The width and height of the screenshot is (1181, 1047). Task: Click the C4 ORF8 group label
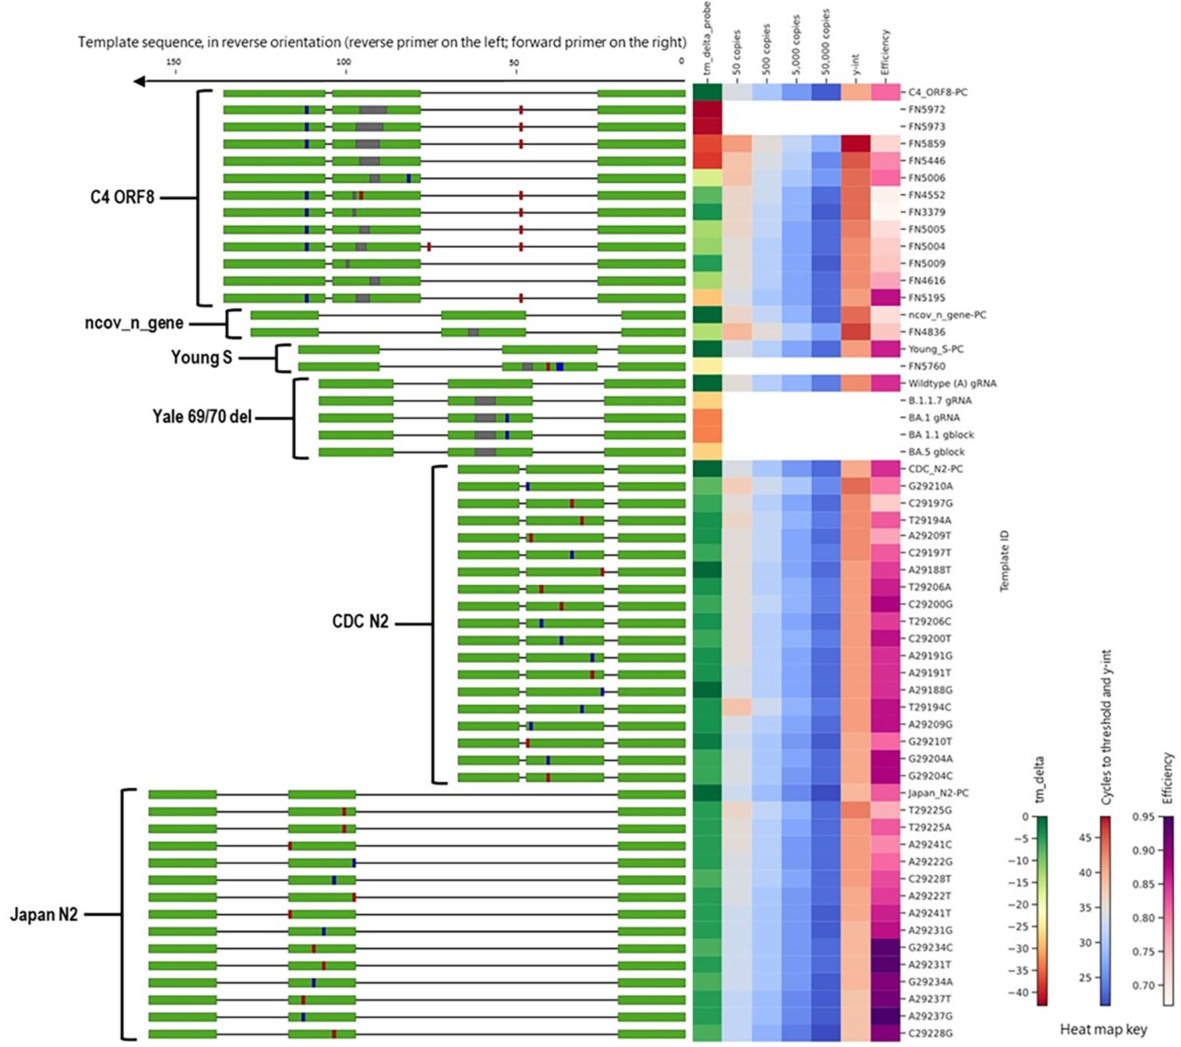pyautogui.click(x=122, y=197)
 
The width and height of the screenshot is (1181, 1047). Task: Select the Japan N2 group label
pyautogui.click(x=44, y=914)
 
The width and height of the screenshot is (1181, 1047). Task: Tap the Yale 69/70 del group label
pyautogui.click(x=202, y=417)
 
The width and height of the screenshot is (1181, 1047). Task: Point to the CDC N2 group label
pyautogui.click(x=360, y=621)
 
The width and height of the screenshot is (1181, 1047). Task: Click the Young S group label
pyautogui.click(x=201, y=358)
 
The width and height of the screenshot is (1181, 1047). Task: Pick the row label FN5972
pyautogui.click(x=926, y=109)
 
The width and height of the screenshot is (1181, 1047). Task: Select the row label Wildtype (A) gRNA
pyautogui.click(x=952, y=384)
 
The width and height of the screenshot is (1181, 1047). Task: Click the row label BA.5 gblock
pyautogui.click(x=936, y=452)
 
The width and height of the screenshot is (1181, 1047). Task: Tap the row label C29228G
pyautogui.click(x=930, y=1034)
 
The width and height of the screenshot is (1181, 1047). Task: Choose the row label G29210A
pyautogui.click(x=930, y=486)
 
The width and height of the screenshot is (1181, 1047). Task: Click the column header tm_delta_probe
pyautogui.click(x=707, y=39)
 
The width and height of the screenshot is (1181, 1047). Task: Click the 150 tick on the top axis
pyautogui.click(x=173, y=62)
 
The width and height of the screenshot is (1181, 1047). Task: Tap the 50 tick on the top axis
pyautogui.click(x=514, y=62)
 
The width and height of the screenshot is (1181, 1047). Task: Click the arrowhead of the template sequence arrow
pyautogui.click(x=139, y=81)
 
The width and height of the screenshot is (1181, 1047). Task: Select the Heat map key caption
pyautogui.click(x=1103, y=1030)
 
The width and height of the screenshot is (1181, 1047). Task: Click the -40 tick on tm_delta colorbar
pyautogui.click(x=1020, y=992)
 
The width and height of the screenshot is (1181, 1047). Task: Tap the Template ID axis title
pyautogui.click(x=1004, y=561)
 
